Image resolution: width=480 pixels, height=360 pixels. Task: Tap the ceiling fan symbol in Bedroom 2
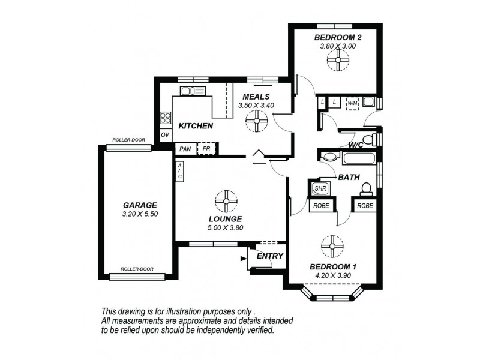(x=339, y=59)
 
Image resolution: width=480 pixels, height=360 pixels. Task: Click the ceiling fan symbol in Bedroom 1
(x=331, y=245)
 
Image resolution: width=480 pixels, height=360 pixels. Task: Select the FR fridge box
(x=206, y=148)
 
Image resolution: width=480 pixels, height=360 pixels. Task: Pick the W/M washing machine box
(x=352, y=103)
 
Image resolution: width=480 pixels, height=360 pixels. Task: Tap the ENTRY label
(x=269, y=256)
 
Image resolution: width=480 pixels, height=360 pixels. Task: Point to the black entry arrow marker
(x=243, y=259)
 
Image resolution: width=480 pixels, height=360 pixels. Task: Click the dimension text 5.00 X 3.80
(x=226, y=227)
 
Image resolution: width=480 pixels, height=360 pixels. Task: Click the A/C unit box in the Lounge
(x=179, y=172)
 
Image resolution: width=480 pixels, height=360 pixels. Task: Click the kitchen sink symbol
(x=193, y=91)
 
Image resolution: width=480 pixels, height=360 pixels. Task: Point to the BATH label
(x=349, y=178)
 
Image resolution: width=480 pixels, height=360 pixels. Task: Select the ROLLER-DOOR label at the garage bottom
(x=136, y=269)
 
